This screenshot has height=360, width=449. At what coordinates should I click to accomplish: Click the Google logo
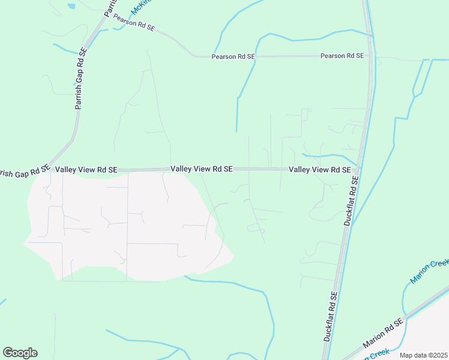click(x=20, y=353)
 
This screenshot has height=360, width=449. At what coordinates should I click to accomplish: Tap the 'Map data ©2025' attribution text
click(x=423, y=355)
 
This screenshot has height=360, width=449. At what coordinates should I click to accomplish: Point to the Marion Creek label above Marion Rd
click(x=430, y=271)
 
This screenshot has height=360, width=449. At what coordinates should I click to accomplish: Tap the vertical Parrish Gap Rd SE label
click(x=80, y=78)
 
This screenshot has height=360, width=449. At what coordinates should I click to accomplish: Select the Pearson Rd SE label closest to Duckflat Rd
click(x=342, y=56)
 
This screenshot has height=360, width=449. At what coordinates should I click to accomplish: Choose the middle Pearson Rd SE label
click(x=234, y=56)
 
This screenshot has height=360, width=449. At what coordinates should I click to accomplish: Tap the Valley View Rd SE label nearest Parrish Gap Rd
click(x=86, y=170)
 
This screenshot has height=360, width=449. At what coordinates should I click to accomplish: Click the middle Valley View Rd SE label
click(x=201, y=169)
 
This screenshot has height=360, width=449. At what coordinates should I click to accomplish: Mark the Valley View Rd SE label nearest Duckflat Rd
click(x=319, y=170)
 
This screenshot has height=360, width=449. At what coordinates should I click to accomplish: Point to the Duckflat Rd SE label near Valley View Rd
click(x=351, y=201)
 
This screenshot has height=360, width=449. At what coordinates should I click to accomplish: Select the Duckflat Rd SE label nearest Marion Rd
click(x=331, y=317)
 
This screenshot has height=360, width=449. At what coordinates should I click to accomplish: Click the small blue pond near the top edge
click(x=72, y=6)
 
